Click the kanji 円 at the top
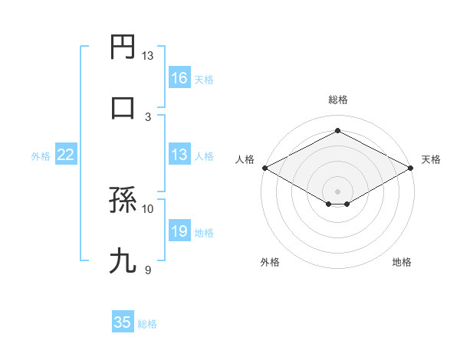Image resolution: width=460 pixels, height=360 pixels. [123, 47]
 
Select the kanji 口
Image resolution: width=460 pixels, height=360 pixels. [123, 107]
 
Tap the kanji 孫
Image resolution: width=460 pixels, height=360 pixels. [123, 201]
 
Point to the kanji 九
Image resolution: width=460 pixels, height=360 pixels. [123, 261]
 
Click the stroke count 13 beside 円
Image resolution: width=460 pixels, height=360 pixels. [148, 56]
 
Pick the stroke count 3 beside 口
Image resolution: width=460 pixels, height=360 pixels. [148, 116]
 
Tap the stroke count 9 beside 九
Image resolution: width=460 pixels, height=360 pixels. [148, 269]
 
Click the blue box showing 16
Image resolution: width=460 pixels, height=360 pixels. [179, 78]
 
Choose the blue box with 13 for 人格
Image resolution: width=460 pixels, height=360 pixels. [179, 155]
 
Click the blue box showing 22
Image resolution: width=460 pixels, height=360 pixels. [66, 155]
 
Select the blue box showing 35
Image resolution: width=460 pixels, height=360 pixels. [123, 322]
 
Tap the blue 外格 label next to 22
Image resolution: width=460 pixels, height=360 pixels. [41, 156]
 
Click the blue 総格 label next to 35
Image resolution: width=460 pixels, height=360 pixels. [148, 324]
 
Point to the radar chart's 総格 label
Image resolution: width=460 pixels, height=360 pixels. [338, 100]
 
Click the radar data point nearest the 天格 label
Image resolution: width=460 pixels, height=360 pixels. [411, 168]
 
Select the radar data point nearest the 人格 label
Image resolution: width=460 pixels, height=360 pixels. [264, 168]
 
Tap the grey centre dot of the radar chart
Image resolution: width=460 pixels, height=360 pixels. [338, 190]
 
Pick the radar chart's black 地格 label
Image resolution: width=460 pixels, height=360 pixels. [402, 262]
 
